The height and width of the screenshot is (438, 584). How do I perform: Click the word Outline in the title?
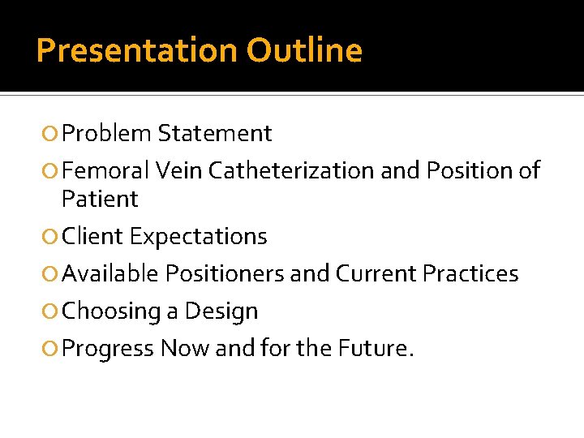304,51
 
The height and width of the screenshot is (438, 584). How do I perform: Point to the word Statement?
215,133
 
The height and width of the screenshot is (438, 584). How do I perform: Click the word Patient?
100,199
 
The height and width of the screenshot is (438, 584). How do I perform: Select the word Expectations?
198,237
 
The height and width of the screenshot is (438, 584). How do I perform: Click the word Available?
110,274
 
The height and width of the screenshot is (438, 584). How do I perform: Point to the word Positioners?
225,274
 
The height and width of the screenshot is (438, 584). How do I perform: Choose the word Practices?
470,274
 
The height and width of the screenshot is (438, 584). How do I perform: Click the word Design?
221,311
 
